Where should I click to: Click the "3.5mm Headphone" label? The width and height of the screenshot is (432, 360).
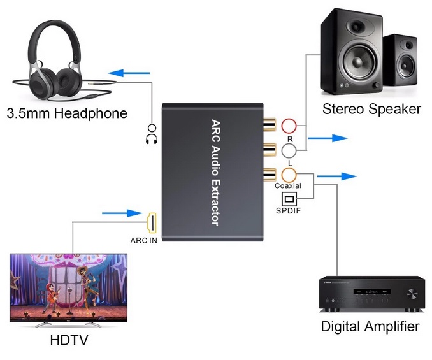click(x=67, y=114)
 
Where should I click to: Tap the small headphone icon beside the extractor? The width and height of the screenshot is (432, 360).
click(x=151, y=134)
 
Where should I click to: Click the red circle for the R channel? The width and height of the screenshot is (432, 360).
click(x=290, y=124)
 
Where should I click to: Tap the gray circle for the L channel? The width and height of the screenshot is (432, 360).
click(x=290, y=150)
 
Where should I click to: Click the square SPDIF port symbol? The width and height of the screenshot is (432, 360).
click(x=291, y=199)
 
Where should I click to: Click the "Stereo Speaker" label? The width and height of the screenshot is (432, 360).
click(x=371, y=109)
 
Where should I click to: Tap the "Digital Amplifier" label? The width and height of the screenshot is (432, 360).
click(x=370, y=327)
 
